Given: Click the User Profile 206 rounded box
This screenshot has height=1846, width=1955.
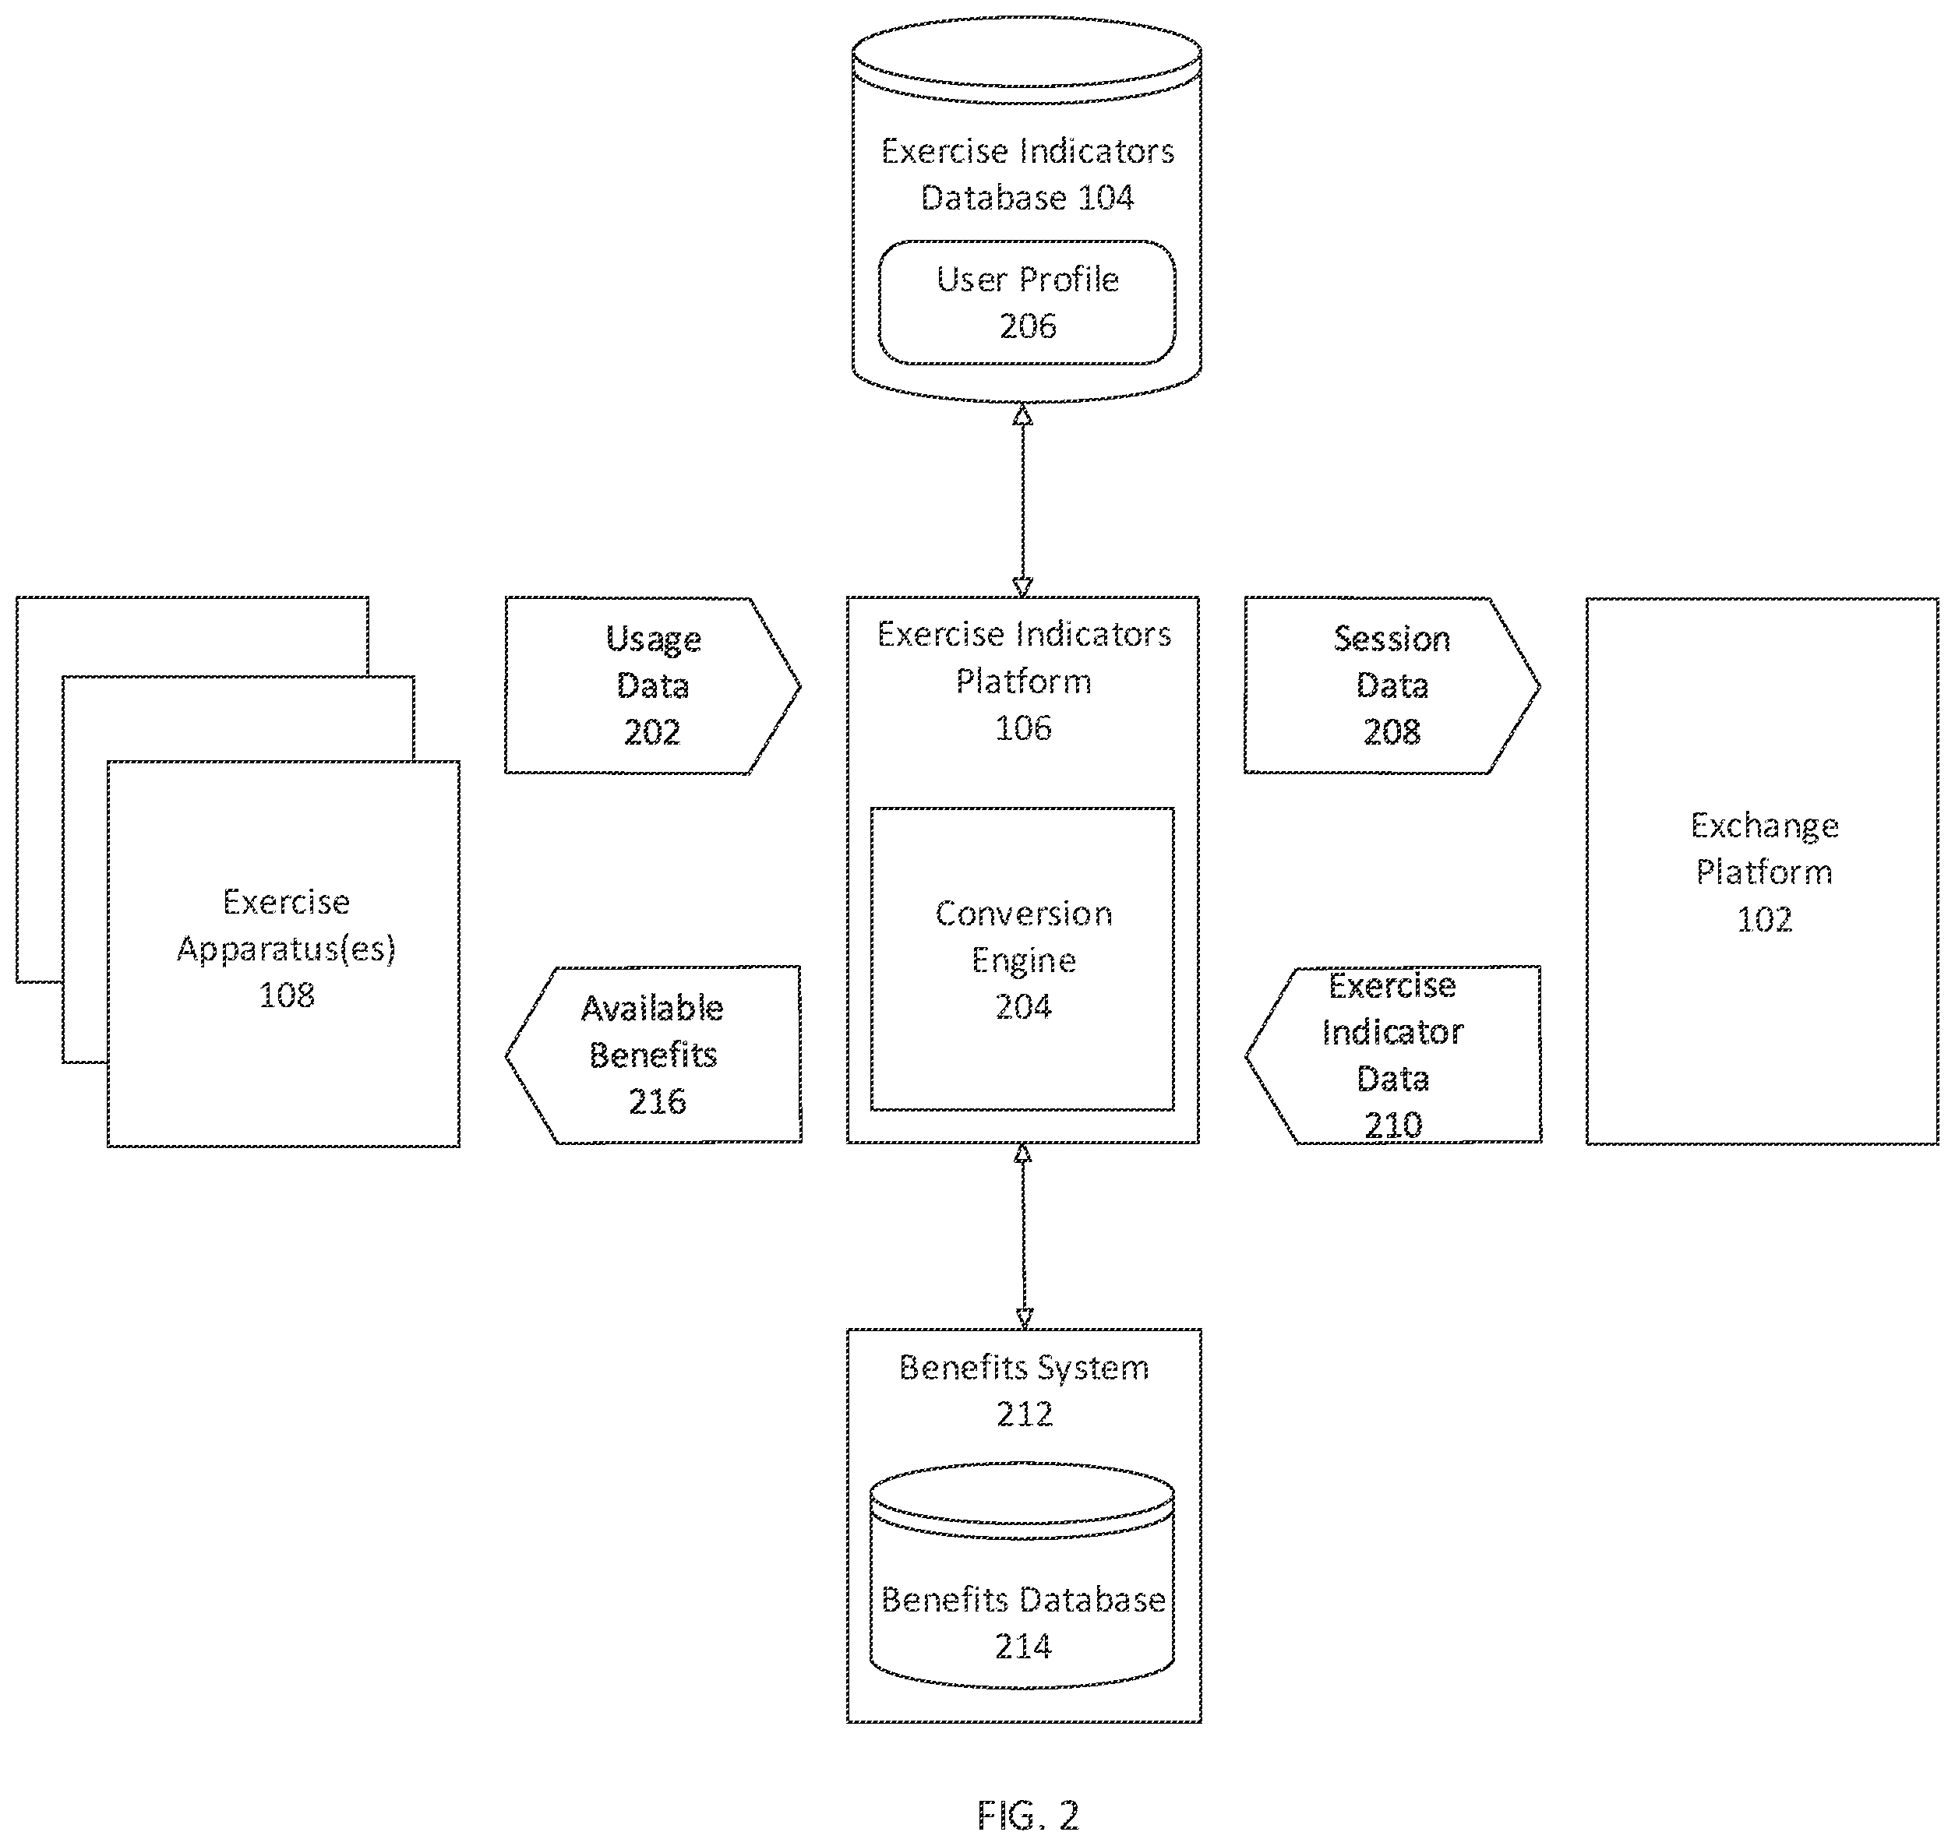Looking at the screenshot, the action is (1027, 302).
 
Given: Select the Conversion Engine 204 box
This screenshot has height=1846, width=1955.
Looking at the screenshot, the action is (1022, 960).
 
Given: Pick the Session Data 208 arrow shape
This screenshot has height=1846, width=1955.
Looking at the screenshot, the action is (1392, 685).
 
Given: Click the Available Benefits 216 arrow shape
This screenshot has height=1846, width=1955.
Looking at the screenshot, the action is (653, 1054).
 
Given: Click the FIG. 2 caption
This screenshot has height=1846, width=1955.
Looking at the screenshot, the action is (1028, 1815).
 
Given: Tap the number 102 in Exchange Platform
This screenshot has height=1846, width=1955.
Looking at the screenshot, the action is (1764, 919).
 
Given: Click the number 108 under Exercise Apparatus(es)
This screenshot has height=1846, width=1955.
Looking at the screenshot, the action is (287, 995).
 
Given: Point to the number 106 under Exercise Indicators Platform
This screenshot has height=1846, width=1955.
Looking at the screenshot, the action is (1023, 728).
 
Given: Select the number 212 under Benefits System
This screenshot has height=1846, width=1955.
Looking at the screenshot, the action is (1025, 1414).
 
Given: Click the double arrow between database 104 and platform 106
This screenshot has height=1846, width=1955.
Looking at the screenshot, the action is (1023, 501).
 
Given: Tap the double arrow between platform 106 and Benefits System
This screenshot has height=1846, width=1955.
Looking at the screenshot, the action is (1024, 1236).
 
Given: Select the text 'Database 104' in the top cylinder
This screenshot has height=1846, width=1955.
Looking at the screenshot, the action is (1027, 198).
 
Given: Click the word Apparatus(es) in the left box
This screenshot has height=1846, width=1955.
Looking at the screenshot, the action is (287, 949).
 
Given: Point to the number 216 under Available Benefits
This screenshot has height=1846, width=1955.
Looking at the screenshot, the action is (658, 1101).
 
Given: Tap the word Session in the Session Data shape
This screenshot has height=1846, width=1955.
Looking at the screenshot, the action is (1392, 639).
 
